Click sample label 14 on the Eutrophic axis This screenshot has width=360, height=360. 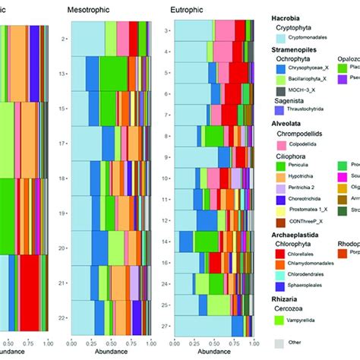[166, 241]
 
